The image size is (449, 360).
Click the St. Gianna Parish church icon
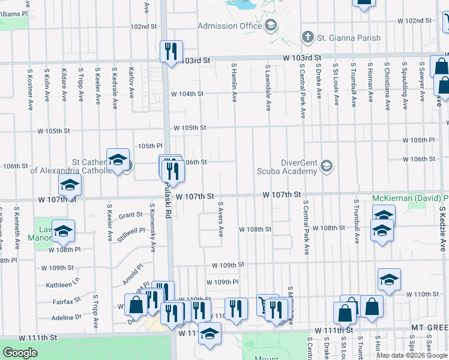[308, 38]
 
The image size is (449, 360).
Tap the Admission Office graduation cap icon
[270, 25]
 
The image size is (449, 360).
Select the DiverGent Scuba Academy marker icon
[326, 166]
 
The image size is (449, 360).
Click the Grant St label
[130, 215]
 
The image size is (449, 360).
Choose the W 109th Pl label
[223, 282]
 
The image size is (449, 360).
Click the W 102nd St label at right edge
[414, 20]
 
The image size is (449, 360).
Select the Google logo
[20, 353]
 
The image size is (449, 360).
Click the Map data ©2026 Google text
[412, 355]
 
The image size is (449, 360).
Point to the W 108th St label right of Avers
[255, 229]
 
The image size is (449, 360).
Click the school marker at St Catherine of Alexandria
[118, 160]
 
